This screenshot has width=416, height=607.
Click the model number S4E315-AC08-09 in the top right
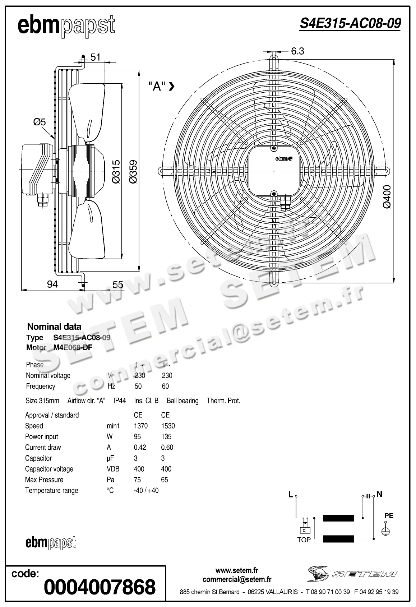[350, 24]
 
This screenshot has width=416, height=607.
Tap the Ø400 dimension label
[387, 196]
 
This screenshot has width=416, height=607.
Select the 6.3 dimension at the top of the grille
[297, 51]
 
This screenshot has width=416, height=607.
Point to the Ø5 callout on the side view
[40, 122]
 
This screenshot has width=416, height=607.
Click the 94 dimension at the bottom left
[52, 284]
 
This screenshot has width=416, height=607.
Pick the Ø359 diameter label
[133, 172]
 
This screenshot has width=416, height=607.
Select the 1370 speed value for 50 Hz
[140, 426]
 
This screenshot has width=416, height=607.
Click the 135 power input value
[166, 437]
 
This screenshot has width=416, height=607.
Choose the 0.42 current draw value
[140, 448]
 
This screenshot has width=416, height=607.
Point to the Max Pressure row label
[44, 480]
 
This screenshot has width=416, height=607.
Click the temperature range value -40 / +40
[146, 491]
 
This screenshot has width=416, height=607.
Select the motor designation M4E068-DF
[73, 348]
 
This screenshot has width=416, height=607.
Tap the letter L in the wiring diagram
[291, 495]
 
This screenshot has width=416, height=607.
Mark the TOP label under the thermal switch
[304, 540]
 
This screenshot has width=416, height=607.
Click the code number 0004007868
[100, 587]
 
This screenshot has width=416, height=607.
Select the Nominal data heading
[54, 327]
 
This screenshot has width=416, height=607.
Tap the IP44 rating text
[120, 401]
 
